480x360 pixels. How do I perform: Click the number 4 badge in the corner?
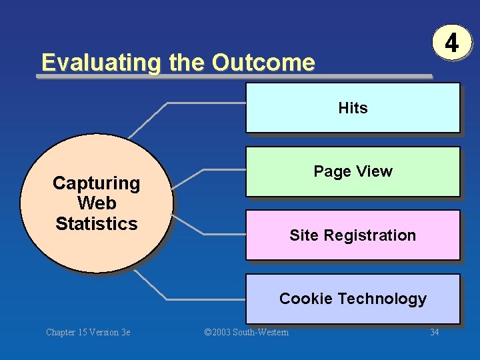452,43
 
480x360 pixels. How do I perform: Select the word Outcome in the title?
263,63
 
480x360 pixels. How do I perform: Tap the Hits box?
353,108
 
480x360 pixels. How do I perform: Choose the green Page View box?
353,171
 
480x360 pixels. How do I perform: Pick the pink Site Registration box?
353,235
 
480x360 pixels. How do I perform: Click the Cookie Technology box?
353,299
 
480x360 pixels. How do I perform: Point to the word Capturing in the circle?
97,183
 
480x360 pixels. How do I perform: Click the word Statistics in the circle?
97,224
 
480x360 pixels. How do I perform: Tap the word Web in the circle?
97,203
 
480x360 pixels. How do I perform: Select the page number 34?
434,332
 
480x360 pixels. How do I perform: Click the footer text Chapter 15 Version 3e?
88,332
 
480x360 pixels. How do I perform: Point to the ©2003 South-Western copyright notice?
247,332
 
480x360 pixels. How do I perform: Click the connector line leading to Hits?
200,103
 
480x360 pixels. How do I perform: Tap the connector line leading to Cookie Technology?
200,298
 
